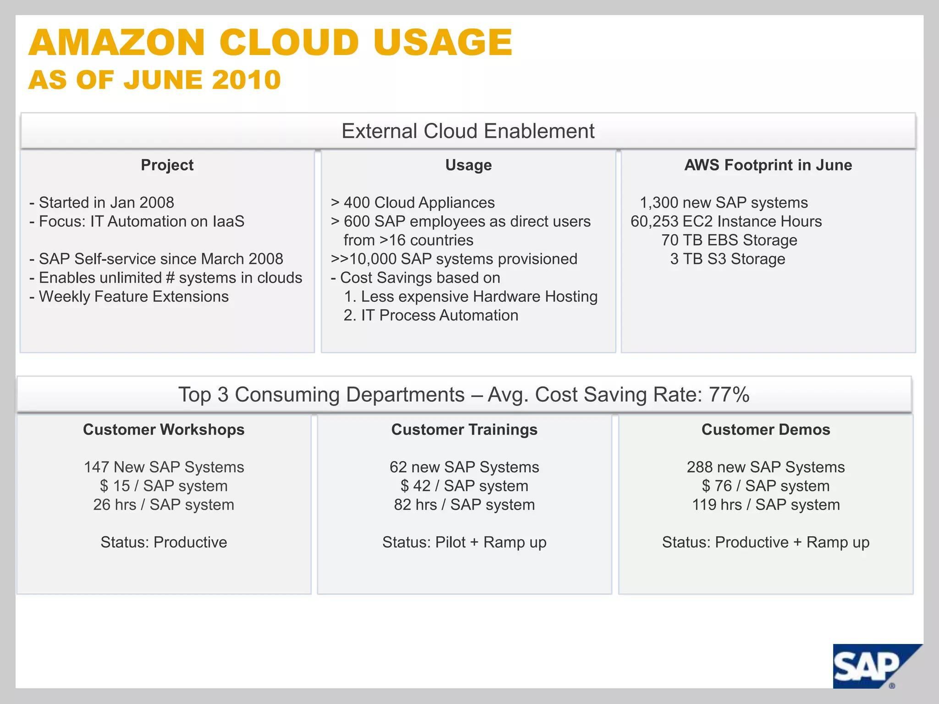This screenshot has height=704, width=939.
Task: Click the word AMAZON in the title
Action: tap(116, 43)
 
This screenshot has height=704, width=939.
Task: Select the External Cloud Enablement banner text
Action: tap(468, 131)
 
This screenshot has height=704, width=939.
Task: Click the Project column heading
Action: tap(167, 165)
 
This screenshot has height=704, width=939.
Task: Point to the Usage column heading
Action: tap(468, 165)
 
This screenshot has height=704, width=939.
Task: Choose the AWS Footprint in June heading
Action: tap(768, 165)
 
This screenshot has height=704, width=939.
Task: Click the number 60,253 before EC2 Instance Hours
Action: tap(654, 221)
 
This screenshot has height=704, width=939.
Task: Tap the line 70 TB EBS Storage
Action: tap(729, 240)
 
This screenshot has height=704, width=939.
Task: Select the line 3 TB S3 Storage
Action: tap(728, 259)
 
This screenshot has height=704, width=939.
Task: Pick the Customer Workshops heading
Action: tap(164, 429)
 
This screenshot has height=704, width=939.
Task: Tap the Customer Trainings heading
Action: tap(464, 429)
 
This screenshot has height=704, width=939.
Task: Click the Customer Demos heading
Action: tap(766, 429)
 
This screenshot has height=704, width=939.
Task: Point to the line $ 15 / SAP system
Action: tap(164, 486)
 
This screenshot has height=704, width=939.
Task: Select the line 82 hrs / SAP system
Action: tap(464, 505)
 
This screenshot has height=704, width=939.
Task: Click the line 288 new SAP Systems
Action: tap(766, 467)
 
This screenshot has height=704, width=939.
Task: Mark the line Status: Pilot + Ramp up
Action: tap(464, 542)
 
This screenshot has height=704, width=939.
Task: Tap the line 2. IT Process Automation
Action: tap(431, 315)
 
